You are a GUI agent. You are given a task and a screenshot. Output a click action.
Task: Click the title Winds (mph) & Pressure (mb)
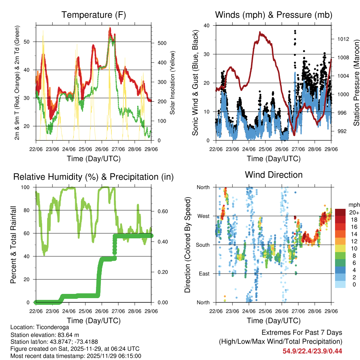274,15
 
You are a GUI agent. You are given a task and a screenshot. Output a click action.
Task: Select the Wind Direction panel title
274,175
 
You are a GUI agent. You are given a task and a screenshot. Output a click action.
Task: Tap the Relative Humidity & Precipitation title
93,177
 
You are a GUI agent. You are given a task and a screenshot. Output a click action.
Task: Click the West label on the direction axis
203,216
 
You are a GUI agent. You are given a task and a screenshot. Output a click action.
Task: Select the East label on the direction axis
204,274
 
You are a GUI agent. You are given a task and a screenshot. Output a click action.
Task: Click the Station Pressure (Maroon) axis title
356,83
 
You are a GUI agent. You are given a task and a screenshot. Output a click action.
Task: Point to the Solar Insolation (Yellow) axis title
173,83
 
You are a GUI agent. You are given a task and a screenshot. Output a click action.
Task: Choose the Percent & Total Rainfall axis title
13,245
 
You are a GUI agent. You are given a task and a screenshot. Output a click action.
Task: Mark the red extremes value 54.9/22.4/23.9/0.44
312,351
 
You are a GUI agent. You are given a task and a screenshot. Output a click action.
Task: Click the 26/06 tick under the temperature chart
102,149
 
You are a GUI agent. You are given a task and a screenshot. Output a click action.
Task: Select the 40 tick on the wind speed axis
207,26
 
